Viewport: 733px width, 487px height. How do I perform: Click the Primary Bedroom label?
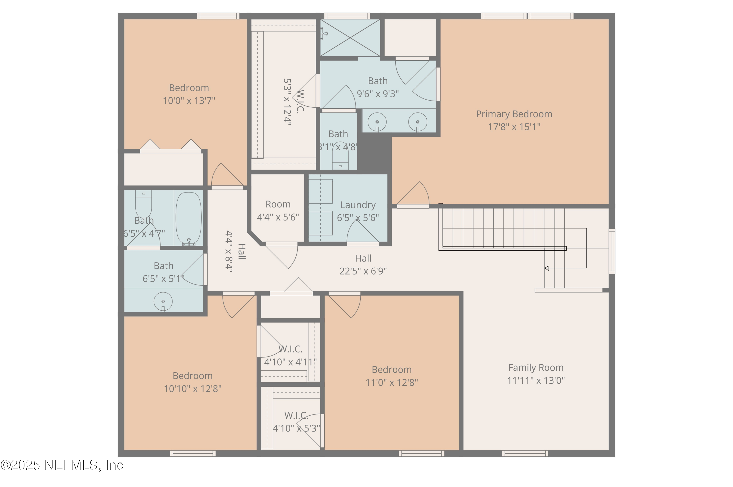(514, 114)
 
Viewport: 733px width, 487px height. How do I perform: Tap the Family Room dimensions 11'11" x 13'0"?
(536, 380)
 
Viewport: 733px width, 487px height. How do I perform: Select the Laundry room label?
(358, 205)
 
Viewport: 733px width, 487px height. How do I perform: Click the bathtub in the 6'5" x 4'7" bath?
(188, 218)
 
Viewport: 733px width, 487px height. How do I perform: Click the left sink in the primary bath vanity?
(377, 122)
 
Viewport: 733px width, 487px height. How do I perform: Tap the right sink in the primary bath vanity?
(417, 122)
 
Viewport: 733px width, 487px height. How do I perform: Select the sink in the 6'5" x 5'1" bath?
(163, 301)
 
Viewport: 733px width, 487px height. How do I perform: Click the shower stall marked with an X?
(350, 38)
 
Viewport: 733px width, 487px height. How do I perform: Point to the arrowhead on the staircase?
(546, 268)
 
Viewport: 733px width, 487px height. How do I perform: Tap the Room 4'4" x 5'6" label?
(278, 204)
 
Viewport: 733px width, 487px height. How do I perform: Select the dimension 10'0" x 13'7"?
(189, 101)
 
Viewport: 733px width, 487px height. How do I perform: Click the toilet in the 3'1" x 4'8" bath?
(340, 158)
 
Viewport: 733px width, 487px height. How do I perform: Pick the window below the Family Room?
(525, 454)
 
